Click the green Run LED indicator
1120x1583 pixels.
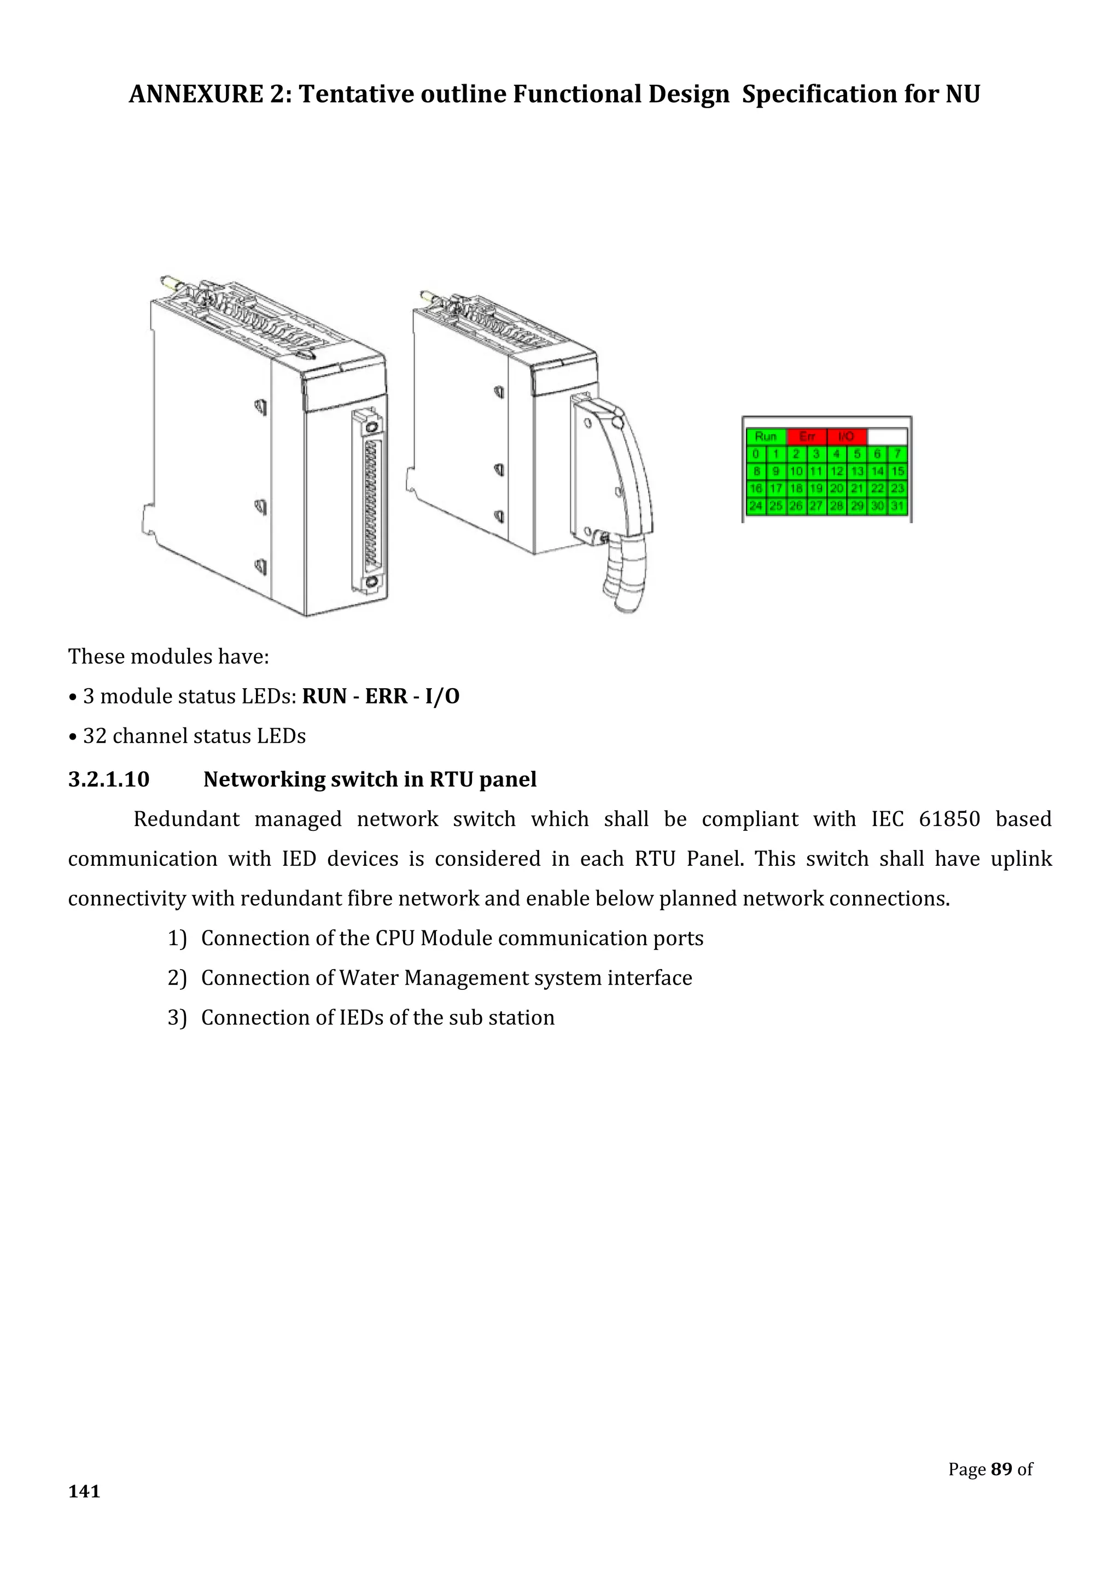pos(766,436)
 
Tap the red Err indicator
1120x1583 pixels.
pos(806,436)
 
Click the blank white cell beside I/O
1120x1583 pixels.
pos(887,436)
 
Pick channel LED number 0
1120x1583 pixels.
pos(756,454)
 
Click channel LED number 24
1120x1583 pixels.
pos(756,506)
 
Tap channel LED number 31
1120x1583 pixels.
pos(897,506)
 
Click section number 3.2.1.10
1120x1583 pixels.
pos(108,780)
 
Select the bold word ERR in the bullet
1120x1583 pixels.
pos(386,696)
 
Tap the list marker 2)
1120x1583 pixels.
pos(177,978)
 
